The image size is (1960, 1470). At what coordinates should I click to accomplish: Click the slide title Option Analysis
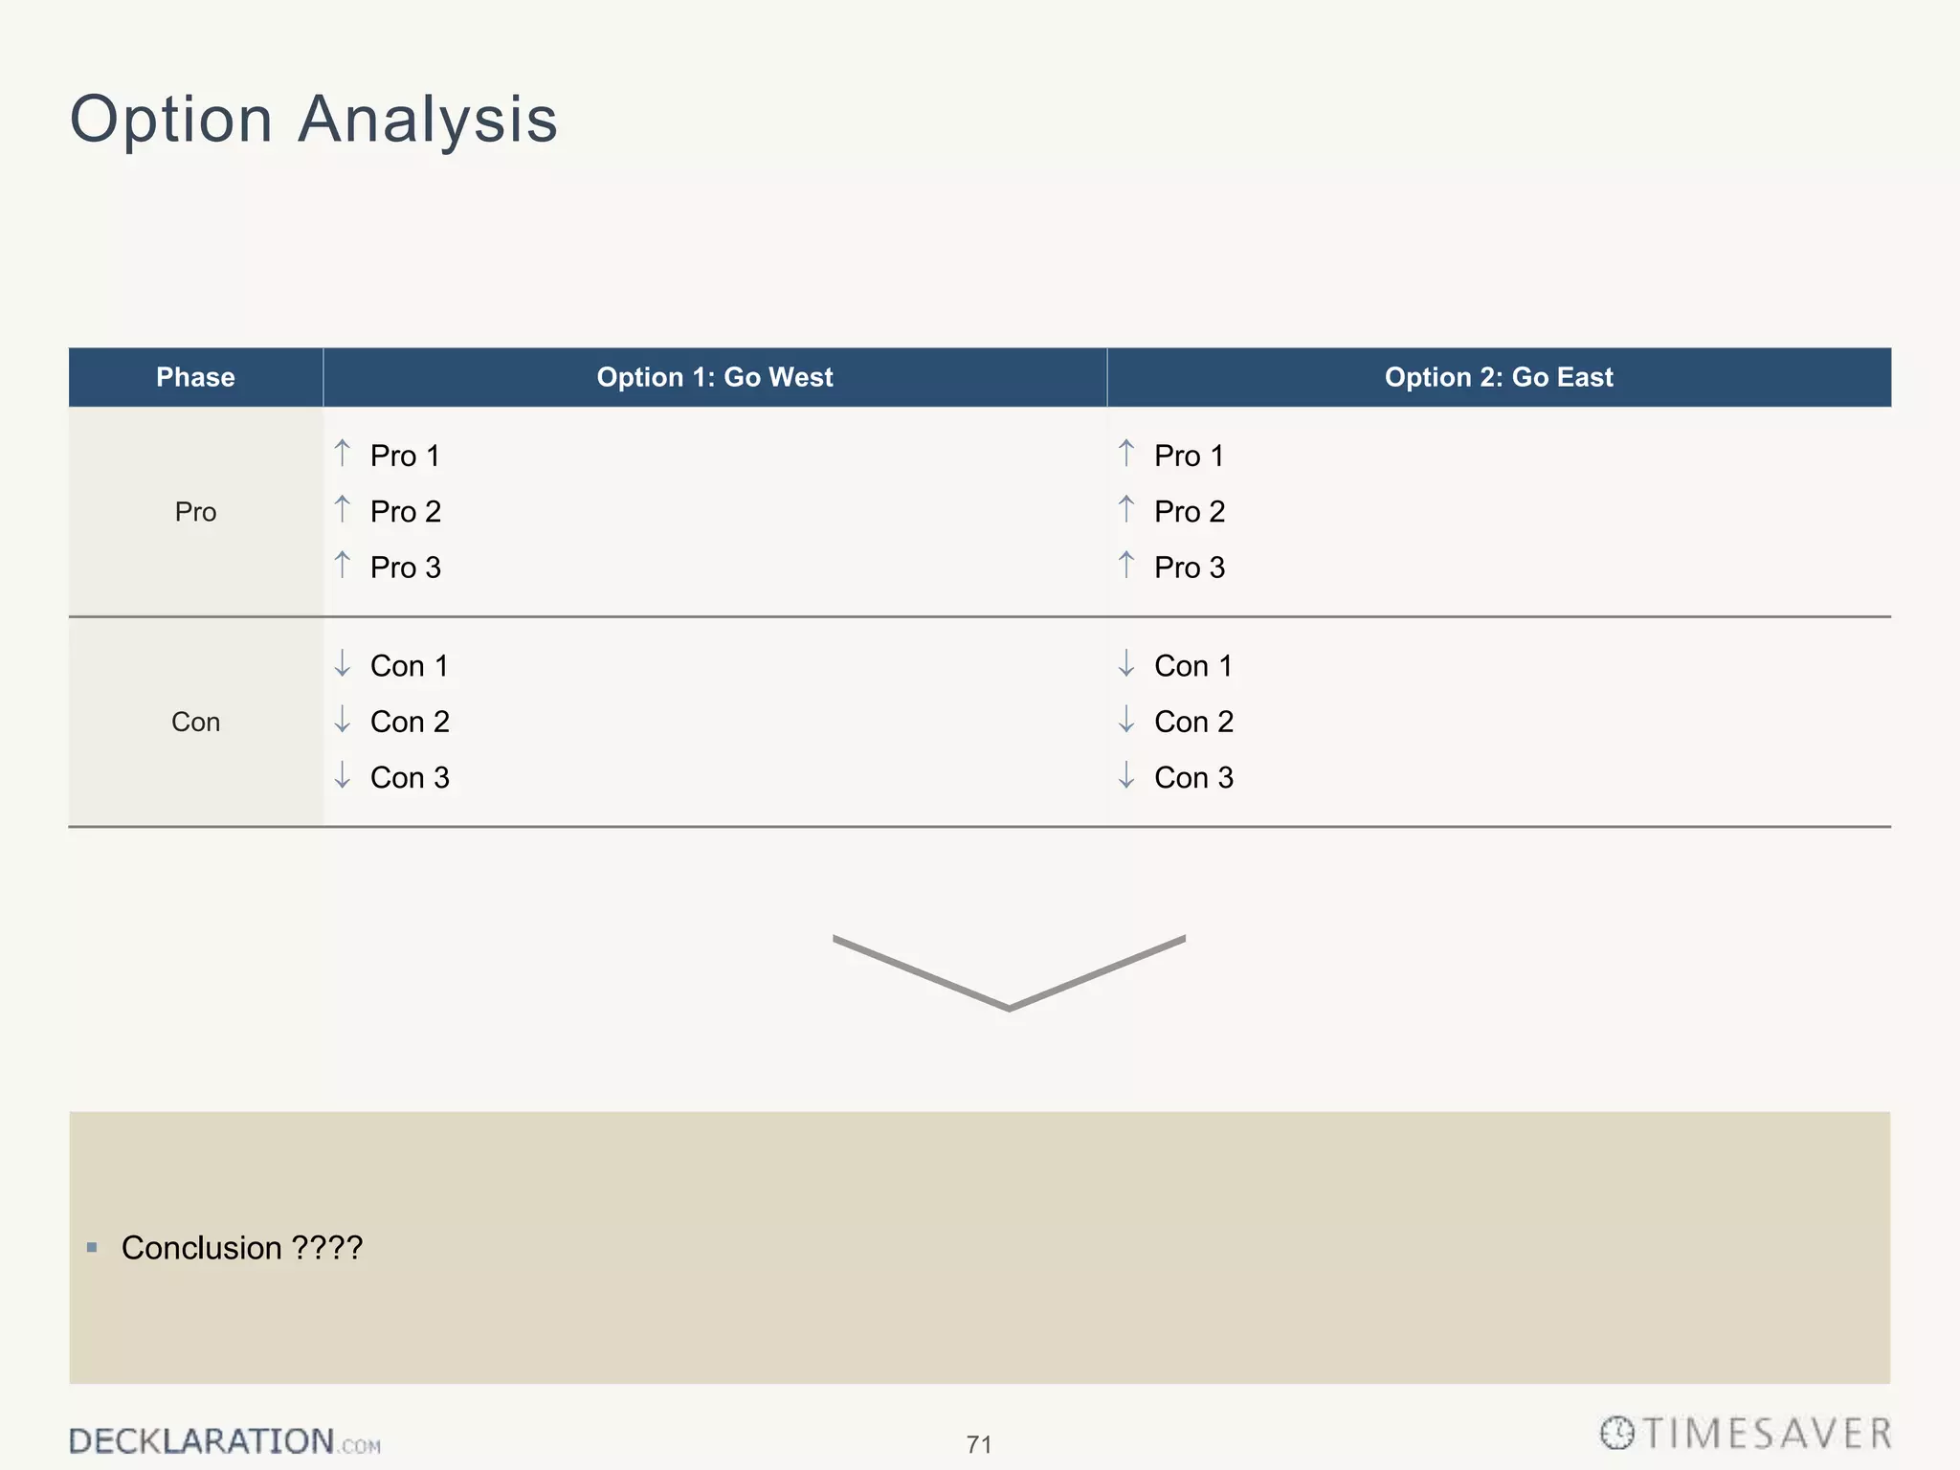(x=314, y=120)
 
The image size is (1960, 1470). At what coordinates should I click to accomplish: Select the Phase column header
(x=195, y=377)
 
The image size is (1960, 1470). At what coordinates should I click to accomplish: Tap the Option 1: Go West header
(x=715, y=377)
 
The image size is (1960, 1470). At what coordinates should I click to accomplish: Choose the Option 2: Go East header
(x=1499, y=377)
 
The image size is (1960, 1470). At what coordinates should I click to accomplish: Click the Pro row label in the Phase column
(x=195, y=512)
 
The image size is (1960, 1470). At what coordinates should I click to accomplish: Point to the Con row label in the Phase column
(x=195, y=722)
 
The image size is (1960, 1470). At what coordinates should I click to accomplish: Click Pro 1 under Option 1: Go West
(x=405, y=456)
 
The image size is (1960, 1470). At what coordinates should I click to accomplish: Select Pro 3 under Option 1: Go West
(x=405, y=568)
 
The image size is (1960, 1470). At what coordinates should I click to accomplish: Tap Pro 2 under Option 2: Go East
(x=1190, y=512)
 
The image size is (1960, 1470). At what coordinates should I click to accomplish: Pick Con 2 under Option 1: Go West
(x=410, y=722)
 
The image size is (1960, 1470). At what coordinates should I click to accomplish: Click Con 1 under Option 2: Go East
(x=1193, y=666)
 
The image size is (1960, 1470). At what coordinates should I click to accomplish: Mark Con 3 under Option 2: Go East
(x=1193, y=778)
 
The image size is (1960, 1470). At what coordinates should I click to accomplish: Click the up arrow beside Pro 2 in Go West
(x=343, y=508)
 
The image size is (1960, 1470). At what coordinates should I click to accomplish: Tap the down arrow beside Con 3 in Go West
(x=343, y=774)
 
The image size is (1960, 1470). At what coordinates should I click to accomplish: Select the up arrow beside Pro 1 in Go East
(x=1126, y=453)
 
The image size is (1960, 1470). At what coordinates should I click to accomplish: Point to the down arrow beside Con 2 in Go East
(x=1126, y=719)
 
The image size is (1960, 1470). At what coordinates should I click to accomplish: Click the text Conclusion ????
(x=242, y=1248)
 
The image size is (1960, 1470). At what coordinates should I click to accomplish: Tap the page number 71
(x=979, y=1444)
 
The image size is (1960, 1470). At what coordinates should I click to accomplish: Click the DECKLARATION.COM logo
(x=224, y=1441)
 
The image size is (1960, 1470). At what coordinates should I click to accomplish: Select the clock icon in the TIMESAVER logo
(x=1617, y=1433)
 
